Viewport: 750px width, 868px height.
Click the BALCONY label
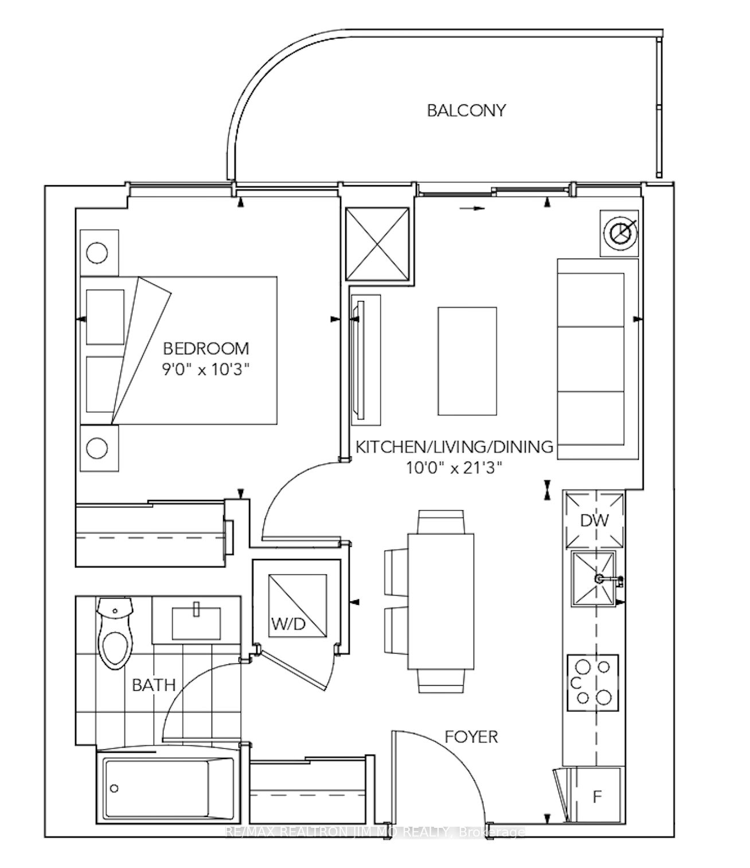click(466, 111)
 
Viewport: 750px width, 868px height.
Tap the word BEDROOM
click(206, 349)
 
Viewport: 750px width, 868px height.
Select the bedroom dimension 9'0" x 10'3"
click(206, 370)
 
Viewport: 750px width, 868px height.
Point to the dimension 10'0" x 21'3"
click(454, 467)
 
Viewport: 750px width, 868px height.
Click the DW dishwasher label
click(594, 521)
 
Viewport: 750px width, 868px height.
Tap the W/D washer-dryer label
click(288, 624)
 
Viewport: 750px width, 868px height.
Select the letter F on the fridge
click(597, 796)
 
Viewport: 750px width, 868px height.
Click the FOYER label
click(471, 737)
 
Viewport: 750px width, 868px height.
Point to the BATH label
click(154, 685)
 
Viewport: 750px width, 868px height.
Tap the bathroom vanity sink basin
click(196, 624)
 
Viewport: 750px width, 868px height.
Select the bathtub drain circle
click(114, 789)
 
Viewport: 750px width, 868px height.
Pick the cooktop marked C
click(592, 682)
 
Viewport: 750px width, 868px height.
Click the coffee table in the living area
click(467, 361)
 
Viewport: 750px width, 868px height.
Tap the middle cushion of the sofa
click(591, 359)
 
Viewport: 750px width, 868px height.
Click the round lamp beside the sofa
click(619, 233)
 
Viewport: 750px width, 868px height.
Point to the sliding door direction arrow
click(472, 208)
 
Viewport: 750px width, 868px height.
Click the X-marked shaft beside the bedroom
click(377, 244)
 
